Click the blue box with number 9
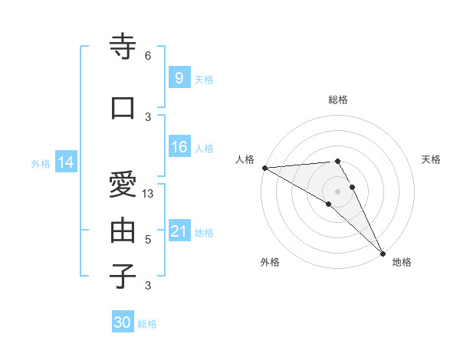point(179,77)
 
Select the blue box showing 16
point(179,147)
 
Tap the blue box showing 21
point(179,231)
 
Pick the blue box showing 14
point(66,162)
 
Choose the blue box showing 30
point(123,322)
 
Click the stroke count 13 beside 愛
point(149,194)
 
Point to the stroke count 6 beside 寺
point(148,56)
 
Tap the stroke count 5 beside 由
point(148,240)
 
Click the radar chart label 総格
point(338,100)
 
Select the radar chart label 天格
point(431,159)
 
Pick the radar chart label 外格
point(270,262)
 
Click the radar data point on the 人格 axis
point(264,168)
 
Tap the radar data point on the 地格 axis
point(383,253)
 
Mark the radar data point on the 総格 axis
point(337,161)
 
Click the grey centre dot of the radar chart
point(337,191)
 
